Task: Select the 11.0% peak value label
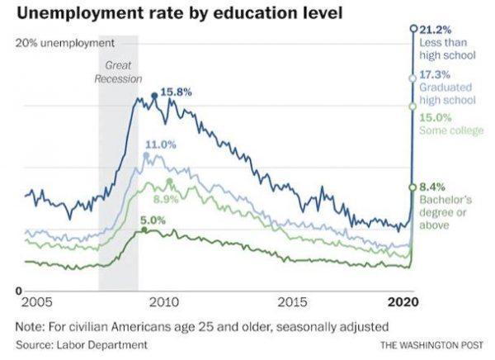pyautogui.click(x=161, y=144)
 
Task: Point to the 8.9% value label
pyautogui.click(x=167, y=199)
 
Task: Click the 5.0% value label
pyautogui.click(x=153, y=220)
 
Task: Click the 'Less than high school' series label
pyautogui.click(x=448, y=49)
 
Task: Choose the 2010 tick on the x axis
pyautogui.click(x=163, y=301)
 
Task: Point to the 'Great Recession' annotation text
pyautogui.click(x=119, y=72)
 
